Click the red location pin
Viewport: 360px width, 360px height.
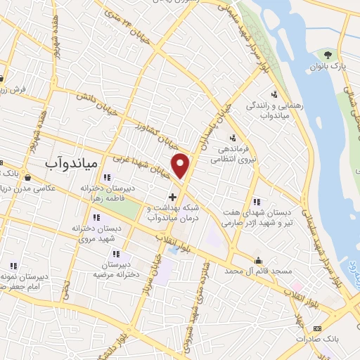coord(181,165)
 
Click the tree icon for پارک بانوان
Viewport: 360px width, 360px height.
coord(326,55)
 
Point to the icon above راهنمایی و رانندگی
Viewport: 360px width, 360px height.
coord(274,94)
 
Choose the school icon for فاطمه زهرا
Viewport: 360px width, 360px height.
coord(107,177)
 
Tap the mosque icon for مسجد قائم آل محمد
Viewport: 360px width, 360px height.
coord(259,259)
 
